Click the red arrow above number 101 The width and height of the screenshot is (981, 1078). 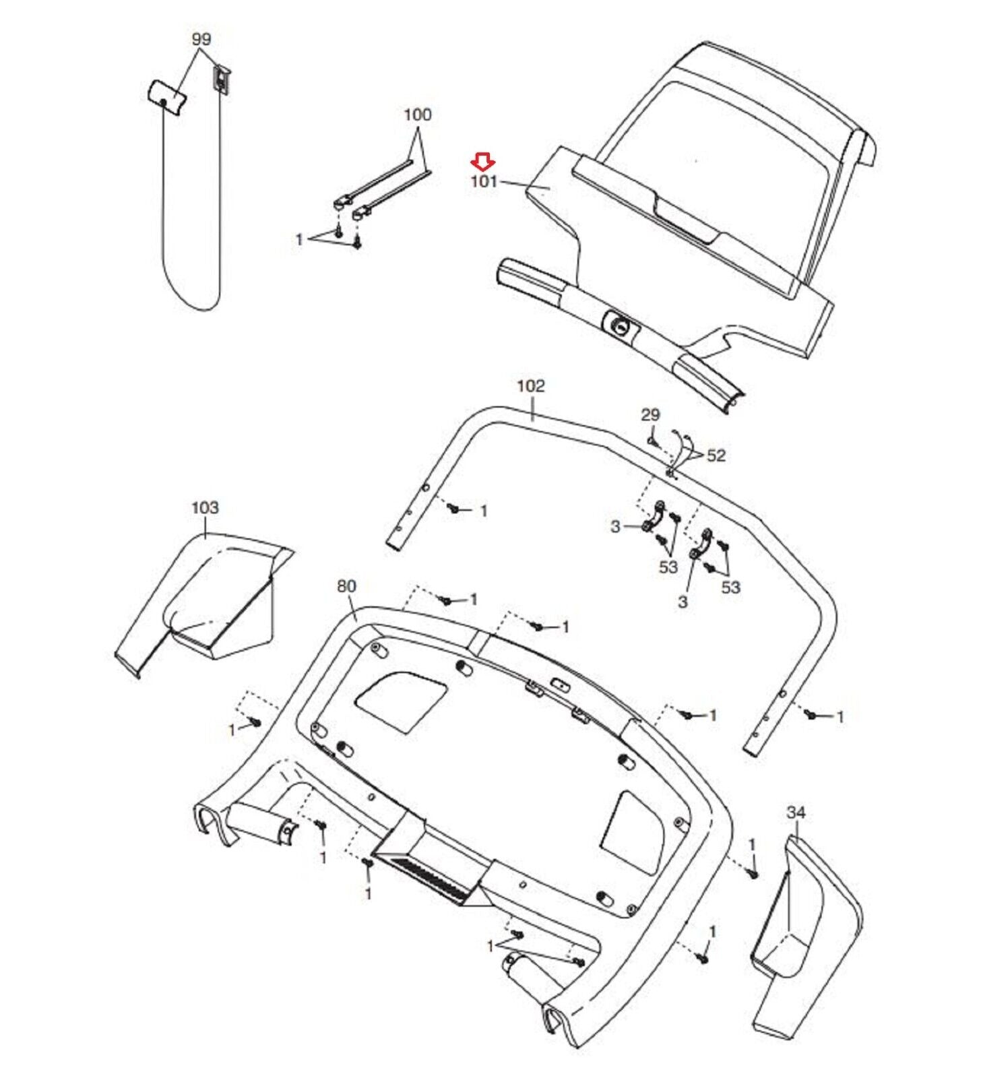point(483,161)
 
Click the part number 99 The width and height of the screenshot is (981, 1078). point(201,39)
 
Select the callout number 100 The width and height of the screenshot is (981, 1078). point(417,115)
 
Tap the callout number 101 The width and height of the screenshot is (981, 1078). point(484,181)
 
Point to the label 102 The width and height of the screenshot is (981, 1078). point(530,386)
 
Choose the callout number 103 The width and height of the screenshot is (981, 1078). point(205,507)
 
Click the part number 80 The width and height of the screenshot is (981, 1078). point(346,586)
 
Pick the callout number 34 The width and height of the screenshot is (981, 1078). point(796,813)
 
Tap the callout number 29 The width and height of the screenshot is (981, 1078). point(650,415)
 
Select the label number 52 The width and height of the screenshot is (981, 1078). point(716,455)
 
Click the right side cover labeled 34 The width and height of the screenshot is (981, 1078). point(802,923)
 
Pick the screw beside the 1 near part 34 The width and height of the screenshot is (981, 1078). point(753,874)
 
